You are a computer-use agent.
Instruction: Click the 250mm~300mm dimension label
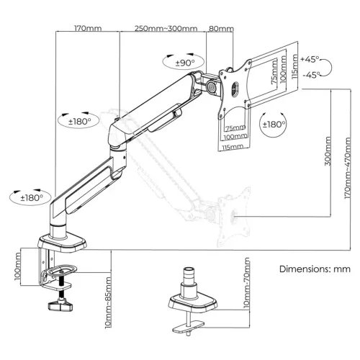[166, 29]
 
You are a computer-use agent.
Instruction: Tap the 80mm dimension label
[219, 29]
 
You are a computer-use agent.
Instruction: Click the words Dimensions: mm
[314, 269]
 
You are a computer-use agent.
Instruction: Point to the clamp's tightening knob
[60, 309]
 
